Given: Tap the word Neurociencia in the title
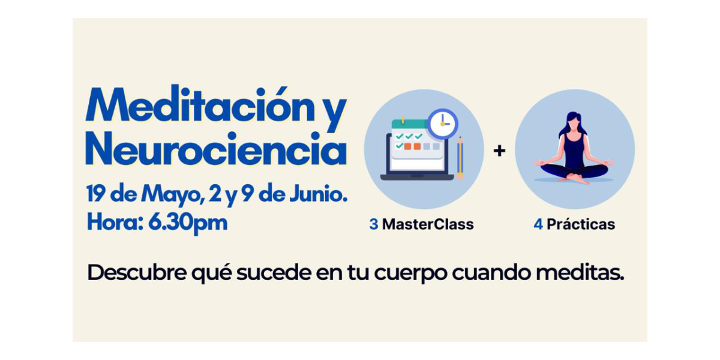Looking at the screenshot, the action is point(216,148).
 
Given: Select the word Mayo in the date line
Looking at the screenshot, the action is point(173,195).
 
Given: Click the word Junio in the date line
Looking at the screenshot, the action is point(317,194).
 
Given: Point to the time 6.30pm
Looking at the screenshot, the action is point(188,223).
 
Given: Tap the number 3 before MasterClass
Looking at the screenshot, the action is point(373,224).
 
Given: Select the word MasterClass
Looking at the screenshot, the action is point(428,224).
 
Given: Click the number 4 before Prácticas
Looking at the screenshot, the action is point(538,224).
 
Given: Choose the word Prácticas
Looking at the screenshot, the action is point(581,224).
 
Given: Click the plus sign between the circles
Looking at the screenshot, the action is point(499,151).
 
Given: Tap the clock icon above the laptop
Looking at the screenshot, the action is point(443,124).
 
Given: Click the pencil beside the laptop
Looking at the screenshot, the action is point(460,158).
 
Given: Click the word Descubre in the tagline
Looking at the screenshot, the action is point(137,272).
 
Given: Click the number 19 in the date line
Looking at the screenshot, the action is point(95,194).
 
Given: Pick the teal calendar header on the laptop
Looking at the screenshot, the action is point(410,124).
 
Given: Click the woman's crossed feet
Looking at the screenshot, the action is point(575,178).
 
